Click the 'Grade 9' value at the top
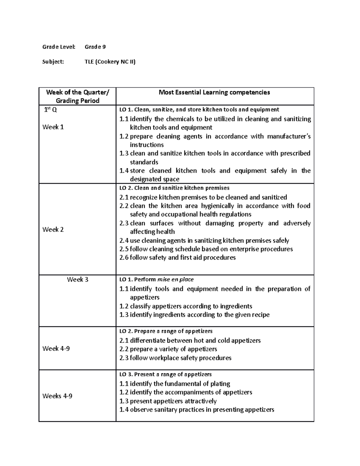click(x=95, y=47)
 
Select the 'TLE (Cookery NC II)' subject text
click(x=110, y=62)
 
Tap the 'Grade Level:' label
click(x=59, y=47)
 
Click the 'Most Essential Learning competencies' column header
click(x=214, y=92)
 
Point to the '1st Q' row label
click(x=50, y=110)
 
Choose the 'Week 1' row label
click(x=53, y=127)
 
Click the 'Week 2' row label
click(x=53, y=230)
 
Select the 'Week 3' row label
click(x=77, y=280)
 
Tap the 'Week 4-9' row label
click(x=56, y=349)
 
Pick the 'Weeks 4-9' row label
click(x=57, y=396)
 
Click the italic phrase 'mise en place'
click(x=175, y=280)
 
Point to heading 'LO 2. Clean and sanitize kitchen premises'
click(x=174, y=188)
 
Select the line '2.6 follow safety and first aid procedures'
click(x=178, y=257)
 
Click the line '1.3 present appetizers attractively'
click(x=168, y=401)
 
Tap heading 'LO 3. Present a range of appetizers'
click(x=166, y=374)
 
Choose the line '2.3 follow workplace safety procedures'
click(x=175, y=358)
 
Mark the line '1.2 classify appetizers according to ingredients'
click(x=186, y=306)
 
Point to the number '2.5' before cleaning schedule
click(x=124, y=249)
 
